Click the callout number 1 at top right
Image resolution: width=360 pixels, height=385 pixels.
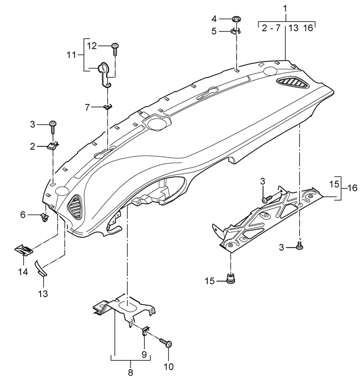tap(285, 9)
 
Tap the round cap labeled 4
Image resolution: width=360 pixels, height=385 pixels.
tap(236, 19)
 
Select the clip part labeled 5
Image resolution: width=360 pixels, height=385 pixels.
tap(236, 31)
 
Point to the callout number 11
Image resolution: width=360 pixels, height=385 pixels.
tap(71, 55)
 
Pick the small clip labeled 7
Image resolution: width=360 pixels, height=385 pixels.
tap(107, 107)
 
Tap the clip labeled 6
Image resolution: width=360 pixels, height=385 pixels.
tap(44, 217)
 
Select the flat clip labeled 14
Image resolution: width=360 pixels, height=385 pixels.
tap(24, 250)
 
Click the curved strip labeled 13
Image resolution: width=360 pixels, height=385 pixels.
tap(42, 269)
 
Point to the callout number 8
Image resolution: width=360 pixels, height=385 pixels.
tap(130, 372)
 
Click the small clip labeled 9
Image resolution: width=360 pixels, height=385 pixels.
tap(145, 331)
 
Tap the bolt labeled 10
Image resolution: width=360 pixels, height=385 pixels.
tap(166, 342)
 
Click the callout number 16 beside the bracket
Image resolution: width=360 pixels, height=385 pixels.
tap(352, 188)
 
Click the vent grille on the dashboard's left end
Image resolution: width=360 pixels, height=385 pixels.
tap(75, 206)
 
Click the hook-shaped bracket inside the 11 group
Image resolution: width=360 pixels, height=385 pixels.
tap(104, 74)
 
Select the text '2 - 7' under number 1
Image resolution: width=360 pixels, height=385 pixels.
tap(271, 28)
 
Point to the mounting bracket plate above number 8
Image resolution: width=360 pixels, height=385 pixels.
tap(125, 309)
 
